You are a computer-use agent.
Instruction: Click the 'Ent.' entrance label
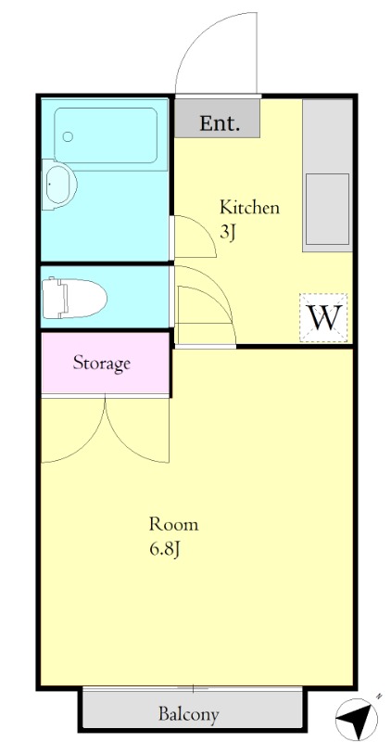[220, 123]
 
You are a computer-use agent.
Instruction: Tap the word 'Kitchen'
[249, 207]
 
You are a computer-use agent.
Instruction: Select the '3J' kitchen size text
[227, 234]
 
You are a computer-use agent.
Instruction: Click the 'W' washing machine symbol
[323, 317]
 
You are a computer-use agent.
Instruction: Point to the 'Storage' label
[101, 364]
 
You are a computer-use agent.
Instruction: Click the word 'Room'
[173, 524]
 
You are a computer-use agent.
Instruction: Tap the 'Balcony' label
[189, 714]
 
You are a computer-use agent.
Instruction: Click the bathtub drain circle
[68, 136]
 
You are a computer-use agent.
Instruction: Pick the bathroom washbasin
[59, 185]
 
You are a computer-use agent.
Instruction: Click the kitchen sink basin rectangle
[327, 209]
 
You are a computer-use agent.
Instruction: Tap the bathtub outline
[106, 135]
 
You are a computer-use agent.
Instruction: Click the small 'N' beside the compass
[379, 697]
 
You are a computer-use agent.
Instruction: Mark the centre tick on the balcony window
[194, 687]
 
